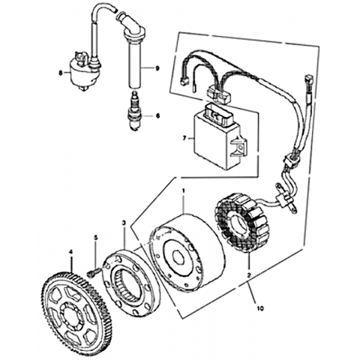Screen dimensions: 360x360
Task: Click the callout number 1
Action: (x=184, y=191)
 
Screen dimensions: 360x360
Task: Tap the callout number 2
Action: (x=249, y=275)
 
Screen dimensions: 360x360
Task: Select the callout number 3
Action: (x=124, y=223)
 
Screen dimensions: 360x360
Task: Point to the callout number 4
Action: (x=70, y=253)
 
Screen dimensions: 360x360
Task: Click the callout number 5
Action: (x=96, y=238)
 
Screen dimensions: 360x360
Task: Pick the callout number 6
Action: (x=157, y=115)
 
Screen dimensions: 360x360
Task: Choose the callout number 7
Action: (x=184, y=138)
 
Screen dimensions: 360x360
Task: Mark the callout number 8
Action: (x=60, y=73)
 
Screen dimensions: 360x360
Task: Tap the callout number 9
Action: (x=157, y=68)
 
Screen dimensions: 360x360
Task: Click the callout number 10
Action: (x=260, y=308)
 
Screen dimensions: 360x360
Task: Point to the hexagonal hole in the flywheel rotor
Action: (x=180, y=257)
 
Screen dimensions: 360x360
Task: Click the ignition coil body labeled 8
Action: (x=84, y=73)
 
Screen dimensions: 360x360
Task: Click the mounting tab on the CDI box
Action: (x=238, y=148)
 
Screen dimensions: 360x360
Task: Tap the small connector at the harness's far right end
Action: (x=307, y=80)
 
